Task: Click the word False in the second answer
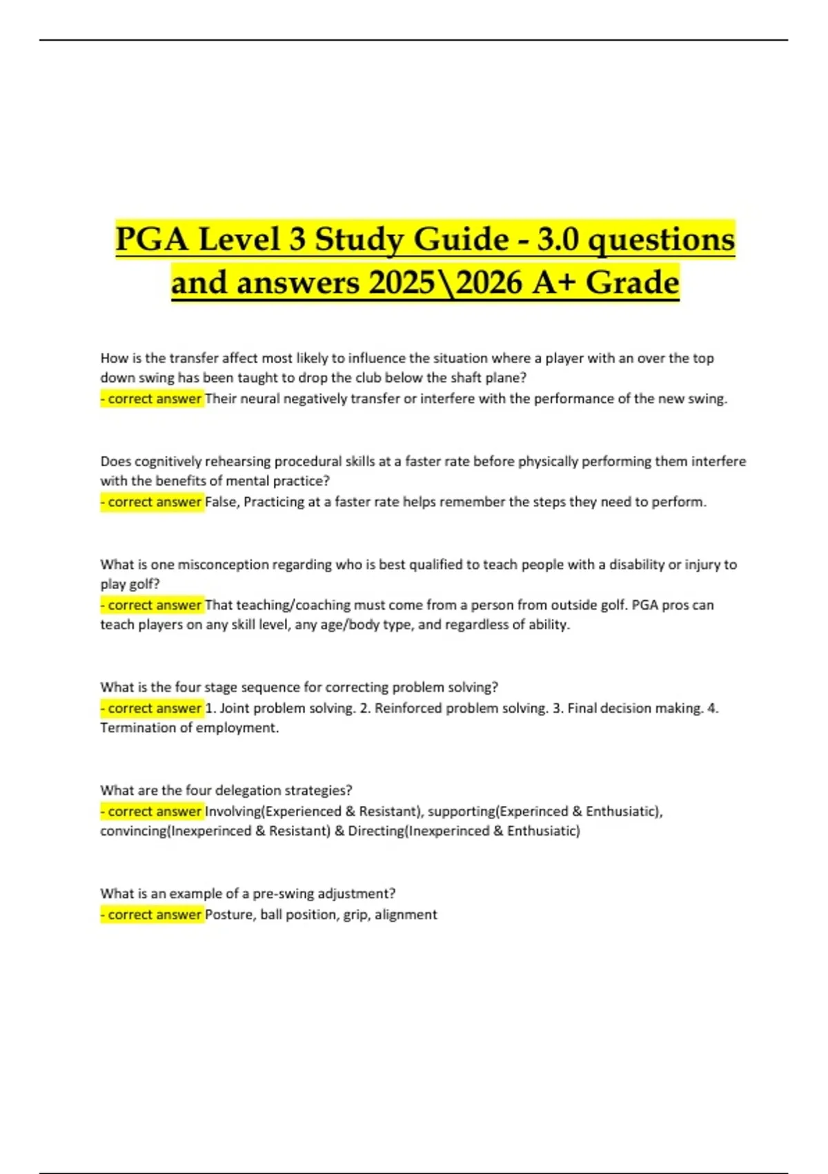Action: [221, 502]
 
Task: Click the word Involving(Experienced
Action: [273, 811]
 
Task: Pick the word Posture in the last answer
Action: [229, 914]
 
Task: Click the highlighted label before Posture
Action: [152, 914]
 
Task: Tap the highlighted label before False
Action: [152, 502]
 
